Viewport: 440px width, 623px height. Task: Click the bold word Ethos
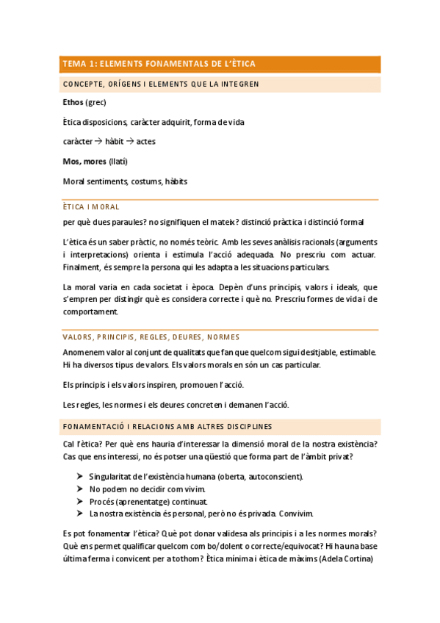(x=73, y=102)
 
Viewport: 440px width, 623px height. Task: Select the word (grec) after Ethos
(x=96, y=102)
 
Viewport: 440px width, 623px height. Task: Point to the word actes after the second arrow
(x=146, y=141)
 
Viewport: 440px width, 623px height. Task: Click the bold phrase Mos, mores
(x=84, y=161)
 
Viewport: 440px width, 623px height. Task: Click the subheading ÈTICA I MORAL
(x=91, y=207)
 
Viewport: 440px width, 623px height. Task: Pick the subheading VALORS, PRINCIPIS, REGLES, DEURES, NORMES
(x=151, y=337)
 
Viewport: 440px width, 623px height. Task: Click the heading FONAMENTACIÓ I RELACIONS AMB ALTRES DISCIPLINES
(x=167, y=426)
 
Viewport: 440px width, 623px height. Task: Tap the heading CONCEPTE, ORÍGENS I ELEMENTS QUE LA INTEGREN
(x=161, y=84)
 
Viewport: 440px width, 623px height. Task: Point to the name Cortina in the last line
(x=358, y=559)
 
